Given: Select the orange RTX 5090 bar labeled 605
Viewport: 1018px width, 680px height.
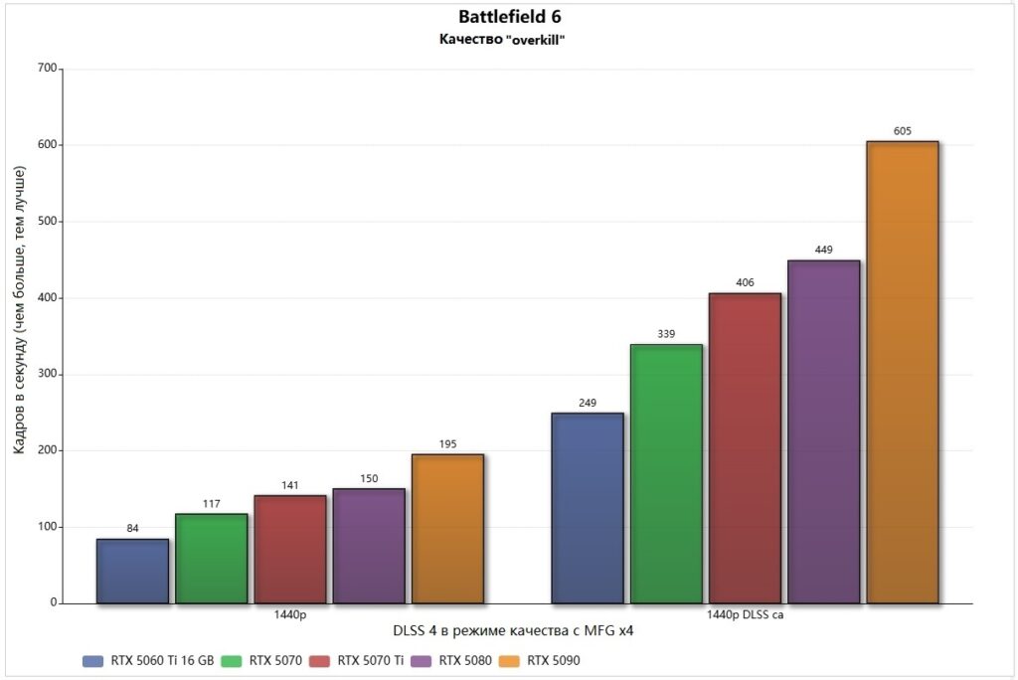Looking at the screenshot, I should [902, 372].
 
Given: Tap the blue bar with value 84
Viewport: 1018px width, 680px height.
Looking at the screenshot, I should [132, 571].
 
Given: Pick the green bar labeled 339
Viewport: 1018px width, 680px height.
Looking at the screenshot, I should [666, 473].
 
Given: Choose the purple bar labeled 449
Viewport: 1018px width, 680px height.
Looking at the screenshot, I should [823, 431].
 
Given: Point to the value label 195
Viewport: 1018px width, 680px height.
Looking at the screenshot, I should [447, 443].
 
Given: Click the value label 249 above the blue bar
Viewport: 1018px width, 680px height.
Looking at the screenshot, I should [588, 403].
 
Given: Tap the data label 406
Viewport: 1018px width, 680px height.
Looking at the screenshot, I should [745, 282].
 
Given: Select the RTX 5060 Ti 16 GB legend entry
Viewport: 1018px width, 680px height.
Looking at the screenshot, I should [148, 660].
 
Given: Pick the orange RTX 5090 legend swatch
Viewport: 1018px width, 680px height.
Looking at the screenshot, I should [508, 660].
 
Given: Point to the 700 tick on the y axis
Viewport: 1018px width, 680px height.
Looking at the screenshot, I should [46, 69].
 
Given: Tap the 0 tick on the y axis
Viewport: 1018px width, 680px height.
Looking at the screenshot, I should [53, 603].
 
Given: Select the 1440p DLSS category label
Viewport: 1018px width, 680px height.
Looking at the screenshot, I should [745, 615].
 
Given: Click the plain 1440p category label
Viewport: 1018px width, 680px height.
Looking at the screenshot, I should [289, 615].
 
